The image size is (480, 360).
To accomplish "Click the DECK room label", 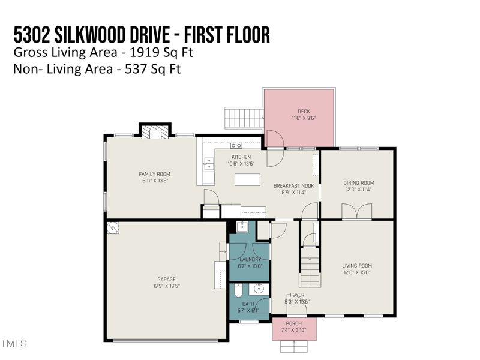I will pyautogui.click(x=304, y=112).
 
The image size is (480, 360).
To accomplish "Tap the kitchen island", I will pyautogui.click(x=247, y=180).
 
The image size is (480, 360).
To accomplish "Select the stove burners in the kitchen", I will pyautogui.click(x=236, y=145).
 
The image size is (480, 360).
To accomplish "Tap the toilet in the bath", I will pyautogui.click(x=238, y=292).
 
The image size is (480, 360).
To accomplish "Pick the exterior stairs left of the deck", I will pyautogui.click(x=243, y=118).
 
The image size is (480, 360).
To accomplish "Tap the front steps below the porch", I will pyautogui.click(x=294, y=346).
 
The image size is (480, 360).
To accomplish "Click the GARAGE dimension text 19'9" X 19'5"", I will pyautogui.click(x=166, y=287).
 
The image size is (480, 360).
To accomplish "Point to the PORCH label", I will pyautogui.click(x=294, y=323).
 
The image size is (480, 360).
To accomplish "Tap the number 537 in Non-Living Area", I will pyautogui.click(x=136, y=69).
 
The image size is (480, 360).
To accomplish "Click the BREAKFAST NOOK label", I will pyautogui.click(x=294, y=186).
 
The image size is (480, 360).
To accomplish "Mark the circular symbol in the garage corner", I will pyautogui.click(x=113, y=228).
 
